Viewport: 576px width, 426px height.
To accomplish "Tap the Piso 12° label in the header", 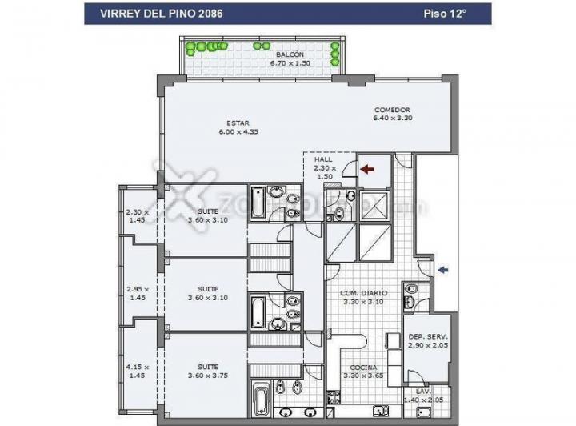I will pos(445,14).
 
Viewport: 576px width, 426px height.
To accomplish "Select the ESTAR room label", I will pos(238,123).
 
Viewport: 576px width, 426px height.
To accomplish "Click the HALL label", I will pos(323,159).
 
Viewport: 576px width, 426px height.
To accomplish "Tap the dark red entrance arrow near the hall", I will pos(367,169).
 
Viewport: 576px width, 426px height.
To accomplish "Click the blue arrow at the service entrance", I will pos(442,271).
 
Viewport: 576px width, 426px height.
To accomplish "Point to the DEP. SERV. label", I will pos(427,336).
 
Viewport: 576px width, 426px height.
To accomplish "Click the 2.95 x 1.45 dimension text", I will pos(137,293).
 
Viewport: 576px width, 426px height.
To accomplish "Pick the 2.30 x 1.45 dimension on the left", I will pos(137,215).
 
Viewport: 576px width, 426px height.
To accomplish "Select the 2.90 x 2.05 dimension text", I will pos(427,345).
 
